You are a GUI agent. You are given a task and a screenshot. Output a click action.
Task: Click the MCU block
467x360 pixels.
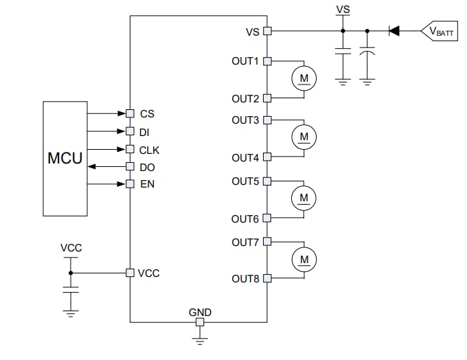65,158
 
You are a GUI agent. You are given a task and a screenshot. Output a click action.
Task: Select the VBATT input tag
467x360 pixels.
439,31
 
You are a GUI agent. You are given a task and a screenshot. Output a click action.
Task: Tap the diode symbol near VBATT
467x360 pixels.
394,31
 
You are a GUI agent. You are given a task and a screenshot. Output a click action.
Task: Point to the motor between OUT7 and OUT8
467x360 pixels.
304,259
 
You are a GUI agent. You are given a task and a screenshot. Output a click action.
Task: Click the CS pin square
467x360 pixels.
130,113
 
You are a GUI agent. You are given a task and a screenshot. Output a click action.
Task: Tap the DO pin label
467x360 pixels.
147,167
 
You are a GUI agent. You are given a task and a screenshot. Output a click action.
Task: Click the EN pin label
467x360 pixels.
147,184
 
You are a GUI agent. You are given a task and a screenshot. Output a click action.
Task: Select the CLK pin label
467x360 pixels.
150,149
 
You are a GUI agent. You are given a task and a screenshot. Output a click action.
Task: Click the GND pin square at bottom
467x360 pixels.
200,322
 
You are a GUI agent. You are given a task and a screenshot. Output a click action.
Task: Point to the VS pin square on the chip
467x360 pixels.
267,31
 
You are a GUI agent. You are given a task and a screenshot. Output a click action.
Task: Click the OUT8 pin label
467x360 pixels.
246,278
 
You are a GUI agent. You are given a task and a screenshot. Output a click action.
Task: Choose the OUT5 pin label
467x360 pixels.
246,181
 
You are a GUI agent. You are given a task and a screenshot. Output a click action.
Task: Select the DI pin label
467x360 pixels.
146,131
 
